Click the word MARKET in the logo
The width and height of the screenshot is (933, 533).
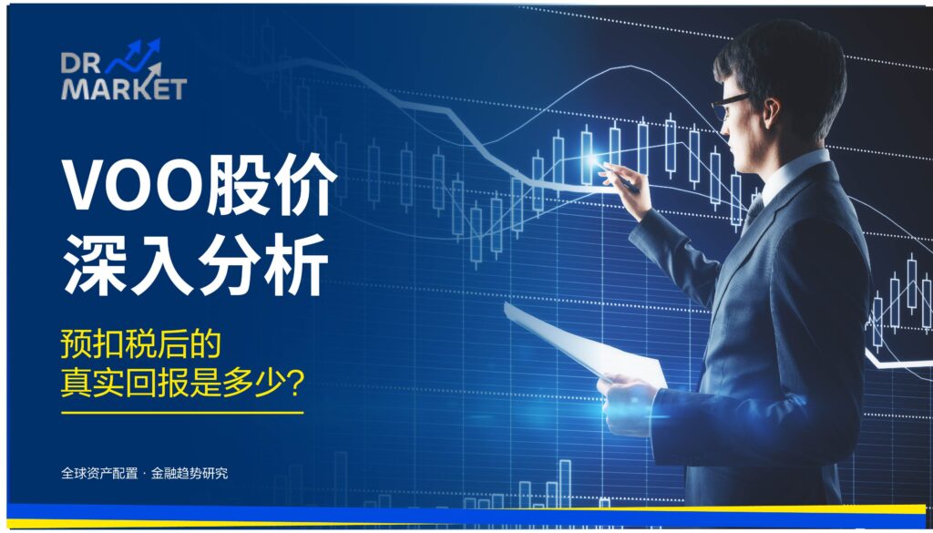click(x=123, y=89)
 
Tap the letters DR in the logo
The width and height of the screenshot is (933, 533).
click(x=80, y=63)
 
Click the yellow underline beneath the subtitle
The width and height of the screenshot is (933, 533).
click(x=181, y=413)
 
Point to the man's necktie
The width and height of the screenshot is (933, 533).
click(x=753, y=215)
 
